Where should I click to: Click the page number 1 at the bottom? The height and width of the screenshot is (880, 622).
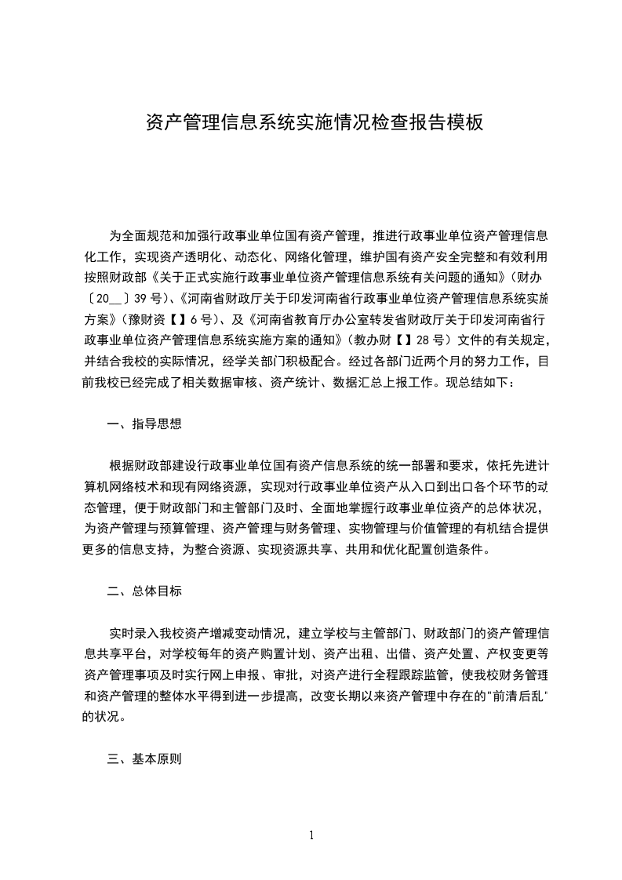(x=311, y=835)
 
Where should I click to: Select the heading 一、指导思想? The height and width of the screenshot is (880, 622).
(x=144, y=424)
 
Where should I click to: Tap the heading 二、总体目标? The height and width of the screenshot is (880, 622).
(x=144, y=591)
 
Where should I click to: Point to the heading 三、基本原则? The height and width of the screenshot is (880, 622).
(x=144, y=758)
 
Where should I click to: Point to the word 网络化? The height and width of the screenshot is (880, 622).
(x=300, y=256)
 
